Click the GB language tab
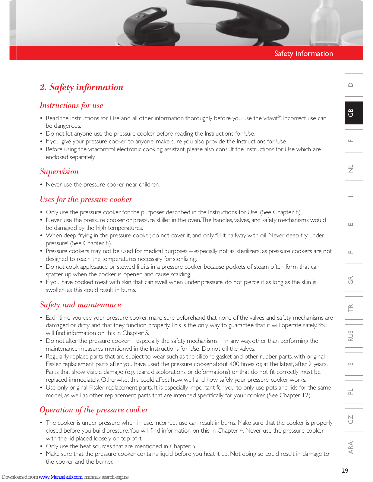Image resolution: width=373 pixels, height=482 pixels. click(354, 113)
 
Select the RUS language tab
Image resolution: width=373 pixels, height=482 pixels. click(354, 336)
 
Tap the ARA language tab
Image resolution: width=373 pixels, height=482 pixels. click(354, 447)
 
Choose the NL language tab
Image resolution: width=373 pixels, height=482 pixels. click(354, 169)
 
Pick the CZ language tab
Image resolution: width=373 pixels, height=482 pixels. click(354, 419)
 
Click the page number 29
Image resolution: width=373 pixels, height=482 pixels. click(345, 471)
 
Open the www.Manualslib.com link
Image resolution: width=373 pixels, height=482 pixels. click(60, 477)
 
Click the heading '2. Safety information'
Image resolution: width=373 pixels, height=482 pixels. click(81, 87)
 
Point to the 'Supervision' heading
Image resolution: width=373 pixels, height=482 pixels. click(59, 172)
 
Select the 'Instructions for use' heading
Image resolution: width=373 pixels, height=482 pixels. click(71, 105)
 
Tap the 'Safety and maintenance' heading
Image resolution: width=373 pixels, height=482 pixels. click(80, 305)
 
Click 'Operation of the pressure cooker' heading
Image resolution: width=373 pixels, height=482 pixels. click(94, 410)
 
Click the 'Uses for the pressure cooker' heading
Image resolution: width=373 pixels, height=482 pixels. click(86, 199)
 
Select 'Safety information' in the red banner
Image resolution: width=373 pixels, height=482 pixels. click(304, 54)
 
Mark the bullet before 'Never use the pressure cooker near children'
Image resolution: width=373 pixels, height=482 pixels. click(41, 185)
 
